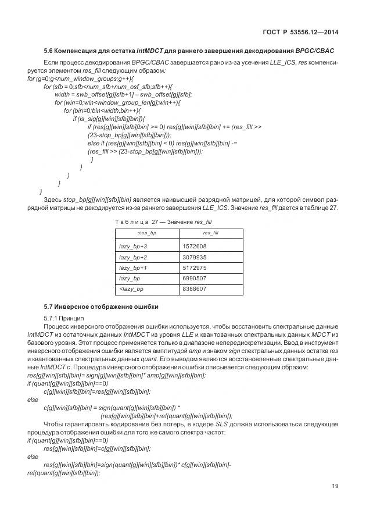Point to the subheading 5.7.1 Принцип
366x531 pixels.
pyautogui.click(x=64, y=318)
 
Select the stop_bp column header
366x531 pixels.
pyautogui.click(x=146, y=233)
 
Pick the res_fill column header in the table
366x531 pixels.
pyautogui.click(x=210, y=233)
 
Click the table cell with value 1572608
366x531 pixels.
pyautogui.click(x=195, y=247)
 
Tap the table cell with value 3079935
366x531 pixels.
pyautogui.click(x=195, y=257)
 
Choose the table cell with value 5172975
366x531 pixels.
pyautogui.click(x=195, y=268)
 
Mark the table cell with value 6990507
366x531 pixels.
pyautogui.click(x=195, y=278)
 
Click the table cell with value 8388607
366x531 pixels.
pyautogui.click(x=195, y=288)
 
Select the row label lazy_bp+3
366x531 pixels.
pyautogui.click(x=133, y=247)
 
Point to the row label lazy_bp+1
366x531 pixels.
pyautogui.click(x=133, y=268)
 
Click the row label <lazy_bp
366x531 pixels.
pyautogui.click(x=131, y=288)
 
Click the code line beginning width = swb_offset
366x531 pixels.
pyautogui.click(x=123, y=94)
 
